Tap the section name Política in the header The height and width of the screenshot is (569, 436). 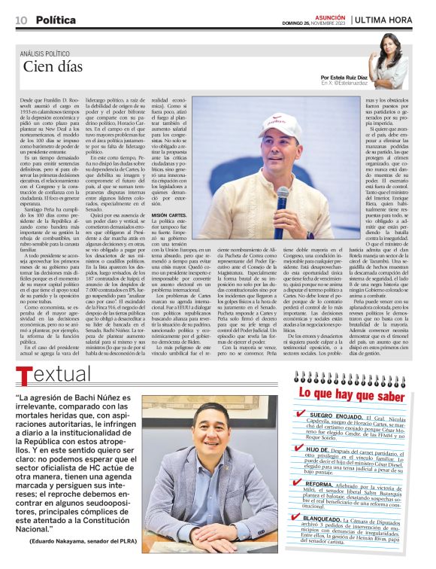point(55,20)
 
